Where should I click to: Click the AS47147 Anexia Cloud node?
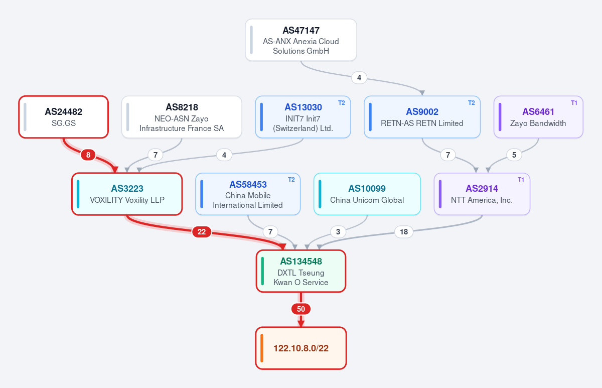[300, 40]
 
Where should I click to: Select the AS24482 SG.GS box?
[63, 117]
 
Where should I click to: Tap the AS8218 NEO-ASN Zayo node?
[182, 117]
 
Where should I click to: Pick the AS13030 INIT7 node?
[303, 117]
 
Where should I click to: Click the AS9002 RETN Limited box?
[422, 117]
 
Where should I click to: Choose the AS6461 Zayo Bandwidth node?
[538, 117]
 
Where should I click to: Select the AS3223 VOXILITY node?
[127, 194]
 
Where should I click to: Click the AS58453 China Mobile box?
[248, 194]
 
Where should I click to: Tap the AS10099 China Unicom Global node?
[367, 194]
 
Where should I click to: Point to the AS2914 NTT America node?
[482, 194]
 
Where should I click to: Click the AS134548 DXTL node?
[300, 271]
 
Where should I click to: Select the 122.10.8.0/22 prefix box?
[300, 348]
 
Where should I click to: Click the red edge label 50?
[300, 309]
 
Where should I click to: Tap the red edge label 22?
[202, 232]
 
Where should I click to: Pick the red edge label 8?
[88, 155]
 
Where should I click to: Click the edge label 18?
[404, 232]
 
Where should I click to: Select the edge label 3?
[338, 232]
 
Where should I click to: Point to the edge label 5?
[514, 155]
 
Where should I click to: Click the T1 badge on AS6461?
[574, 103]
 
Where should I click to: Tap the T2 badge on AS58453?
[291, 180]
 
